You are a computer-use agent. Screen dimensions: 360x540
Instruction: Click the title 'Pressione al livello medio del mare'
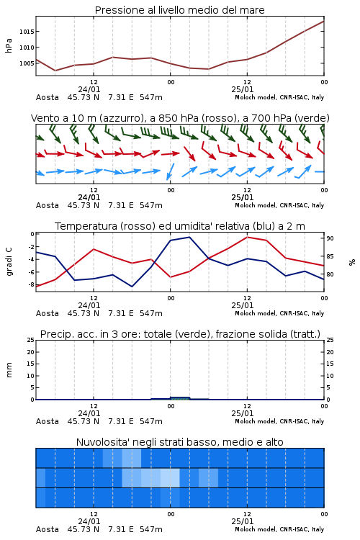pos(179,10)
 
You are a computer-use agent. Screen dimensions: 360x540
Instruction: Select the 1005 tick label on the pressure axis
pos(27,63)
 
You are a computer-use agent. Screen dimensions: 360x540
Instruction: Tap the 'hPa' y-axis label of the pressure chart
pos(9,45)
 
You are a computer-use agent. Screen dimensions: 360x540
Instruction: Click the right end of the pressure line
pos(324,22)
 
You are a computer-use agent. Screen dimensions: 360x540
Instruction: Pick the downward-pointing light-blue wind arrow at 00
pos(170,171)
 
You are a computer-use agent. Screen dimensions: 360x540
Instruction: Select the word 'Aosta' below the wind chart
pos(48,205)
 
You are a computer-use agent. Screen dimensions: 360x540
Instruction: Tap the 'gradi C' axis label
pos(9,262)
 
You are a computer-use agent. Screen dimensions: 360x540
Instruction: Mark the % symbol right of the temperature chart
pos(352,262)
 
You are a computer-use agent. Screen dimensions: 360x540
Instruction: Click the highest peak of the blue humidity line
pos(189,238)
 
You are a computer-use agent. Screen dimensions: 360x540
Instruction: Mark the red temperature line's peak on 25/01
pos(247,237)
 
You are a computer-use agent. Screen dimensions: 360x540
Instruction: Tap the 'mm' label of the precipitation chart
pos(9,370)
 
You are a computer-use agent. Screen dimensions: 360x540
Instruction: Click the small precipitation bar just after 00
pos(180,398)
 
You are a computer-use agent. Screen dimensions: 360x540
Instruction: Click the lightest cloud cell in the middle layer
pos(170,477)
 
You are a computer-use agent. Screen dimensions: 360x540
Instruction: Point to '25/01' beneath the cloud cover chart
pos(243,521)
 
